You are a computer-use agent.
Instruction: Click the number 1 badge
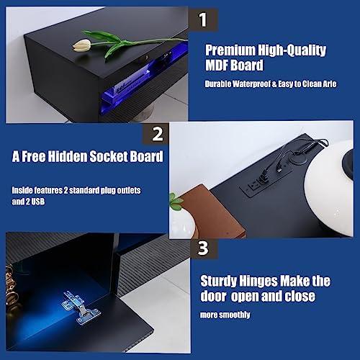click(203, 19)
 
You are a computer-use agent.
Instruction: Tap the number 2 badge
click(157, 134)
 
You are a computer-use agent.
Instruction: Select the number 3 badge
click(203, 248)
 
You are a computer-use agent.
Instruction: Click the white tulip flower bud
click(82, 45)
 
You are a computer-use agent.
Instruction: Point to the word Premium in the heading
click(230, 50)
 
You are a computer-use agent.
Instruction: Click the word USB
click(38, 202)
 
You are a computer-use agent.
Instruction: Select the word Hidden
click(68, 156)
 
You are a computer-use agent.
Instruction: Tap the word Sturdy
click(219, 281)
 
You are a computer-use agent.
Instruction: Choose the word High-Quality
click(292, 50)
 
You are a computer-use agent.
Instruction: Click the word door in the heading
click(213, 296)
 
